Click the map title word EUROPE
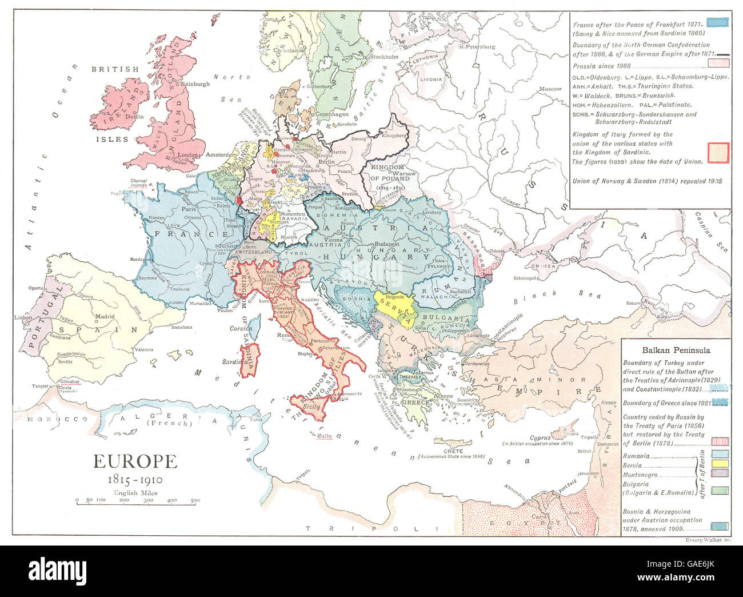135,461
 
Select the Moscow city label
551,89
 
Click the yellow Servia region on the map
394,308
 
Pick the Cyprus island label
540,437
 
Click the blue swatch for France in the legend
717,22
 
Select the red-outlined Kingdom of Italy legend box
718,152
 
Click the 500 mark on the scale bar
195,500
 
